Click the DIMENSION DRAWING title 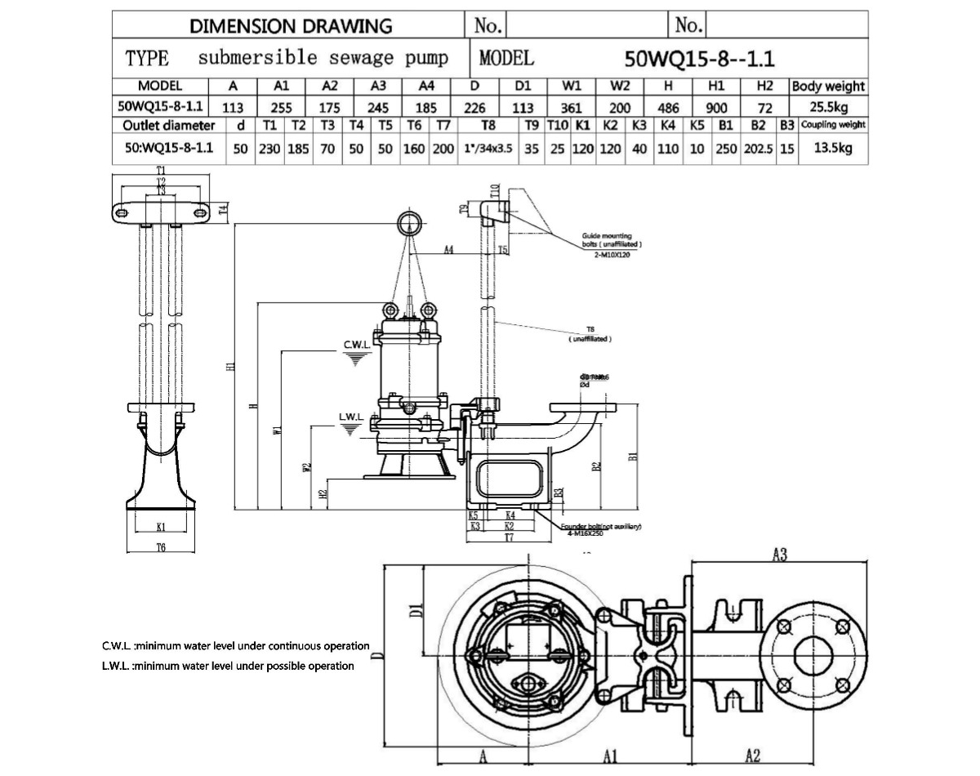(x=291, y=25)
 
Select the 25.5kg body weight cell (x=828, y=106)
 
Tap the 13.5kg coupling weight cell (x=832, y=148)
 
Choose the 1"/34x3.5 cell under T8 (x=488, y=148)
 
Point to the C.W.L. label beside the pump (x=358, y=346)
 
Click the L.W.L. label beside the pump (x=350, y=417)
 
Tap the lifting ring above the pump (x=410, y=221)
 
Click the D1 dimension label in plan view (x=415, y=609)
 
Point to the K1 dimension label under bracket (x=161, y=526)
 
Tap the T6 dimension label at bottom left (x=160, y=546)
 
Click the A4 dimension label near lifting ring (x=448, y=250)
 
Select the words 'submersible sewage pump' (x=323, y=58)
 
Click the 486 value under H (x=668, y=106)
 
